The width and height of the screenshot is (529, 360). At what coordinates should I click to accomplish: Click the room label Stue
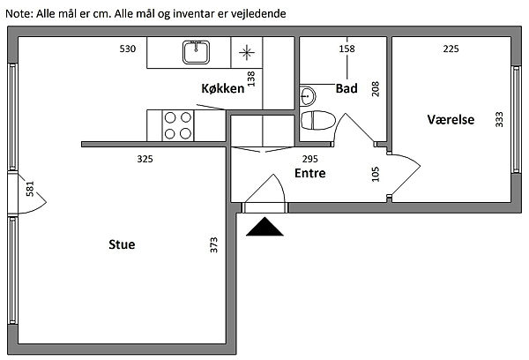(x=121, y=244)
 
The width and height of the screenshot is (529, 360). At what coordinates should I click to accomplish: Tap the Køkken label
(x=222, y=88)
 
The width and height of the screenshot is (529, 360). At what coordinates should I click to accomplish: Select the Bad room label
(x=346, y=88)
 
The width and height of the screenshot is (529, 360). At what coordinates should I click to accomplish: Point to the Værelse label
(x=451, y=119)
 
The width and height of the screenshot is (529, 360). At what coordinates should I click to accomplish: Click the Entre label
(x=309, y=173)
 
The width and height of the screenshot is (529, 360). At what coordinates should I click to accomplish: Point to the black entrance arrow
(x=265, y=228)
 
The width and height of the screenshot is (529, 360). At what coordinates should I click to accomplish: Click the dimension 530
(x=128, y=49)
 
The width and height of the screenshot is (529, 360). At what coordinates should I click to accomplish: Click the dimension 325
(x=145, y=159)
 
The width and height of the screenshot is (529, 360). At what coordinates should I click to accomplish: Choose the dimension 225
(x=451, y=49)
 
